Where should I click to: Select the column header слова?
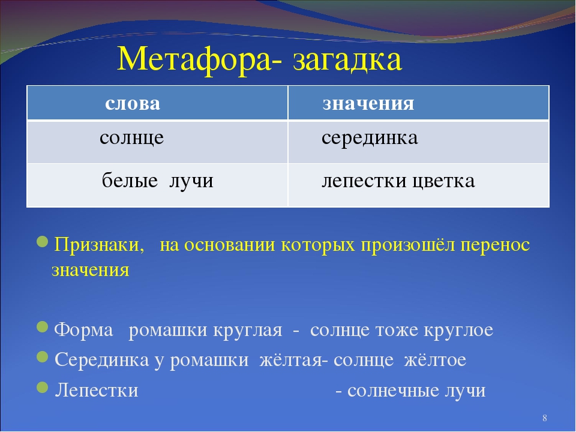[133, 103]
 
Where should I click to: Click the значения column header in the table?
[368, 103]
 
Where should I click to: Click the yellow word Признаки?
[99, 245]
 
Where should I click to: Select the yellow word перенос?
[495, 245]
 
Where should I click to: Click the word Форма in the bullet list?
[84, 329]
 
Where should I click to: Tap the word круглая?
[248, 330]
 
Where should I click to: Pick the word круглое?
[458, 330]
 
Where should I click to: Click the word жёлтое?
[436, 359]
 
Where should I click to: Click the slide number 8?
[545, 418]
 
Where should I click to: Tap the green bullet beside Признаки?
[43, 242]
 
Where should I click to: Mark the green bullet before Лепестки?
[43, 387]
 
